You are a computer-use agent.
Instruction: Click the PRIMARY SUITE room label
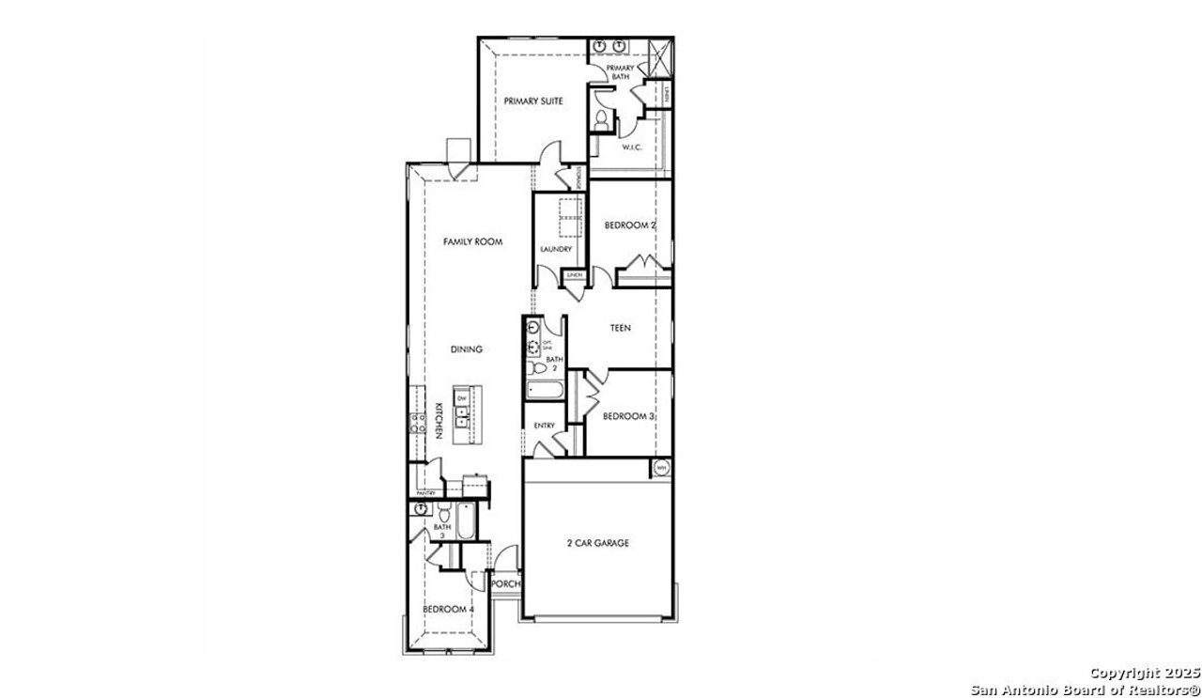click(x=532, y=101)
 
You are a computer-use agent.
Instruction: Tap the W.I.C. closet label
click(x=631, y=147)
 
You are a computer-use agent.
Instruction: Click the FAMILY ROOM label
click(x=472, y=241)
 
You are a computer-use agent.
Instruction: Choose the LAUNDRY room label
click(x=556, y=249)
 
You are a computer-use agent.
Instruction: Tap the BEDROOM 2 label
click(x=629, y=225)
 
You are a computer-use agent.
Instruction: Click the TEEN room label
click(x=620, y=328)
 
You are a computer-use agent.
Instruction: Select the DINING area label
click(x=466, y=349)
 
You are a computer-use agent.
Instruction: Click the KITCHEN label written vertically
click(x=438, y=421)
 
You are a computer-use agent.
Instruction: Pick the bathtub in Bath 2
click(x=544, y=391)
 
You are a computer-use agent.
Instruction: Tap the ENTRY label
click(x=544, y=426)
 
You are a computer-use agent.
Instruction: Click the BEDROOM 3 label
click(x=628, y=416)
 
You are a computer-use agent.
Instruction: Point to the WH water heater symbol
click(x=660, y=468)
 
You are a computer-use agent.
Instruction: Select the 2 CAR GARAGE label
click(x=597, y=543)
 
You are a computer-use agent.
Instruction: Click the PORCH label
click(x=506, y=583)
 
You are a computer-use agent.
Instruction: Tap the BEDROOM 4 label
click(x=448, y=610)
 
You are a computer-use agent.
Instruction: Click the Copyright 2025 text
click(x=1145, y=673)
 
